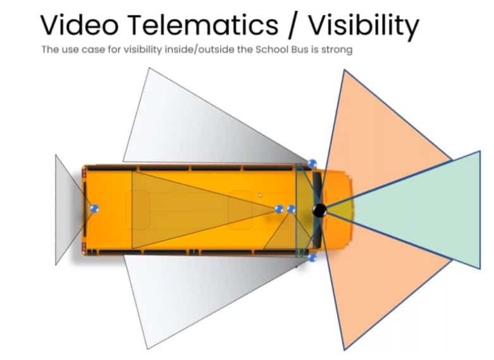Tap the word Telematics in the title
coord(204,25)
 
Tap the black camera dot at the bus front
coord(319,211)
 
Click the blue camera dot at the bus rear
coord(95,208)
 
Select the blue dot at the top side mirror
coord(312,163)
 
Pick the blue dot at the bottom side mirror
coord(312,258)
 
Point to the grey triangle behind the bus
coord(66,209)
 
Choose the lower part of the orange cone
coord(373,278)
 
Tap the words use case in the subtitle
coord(75,49)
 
